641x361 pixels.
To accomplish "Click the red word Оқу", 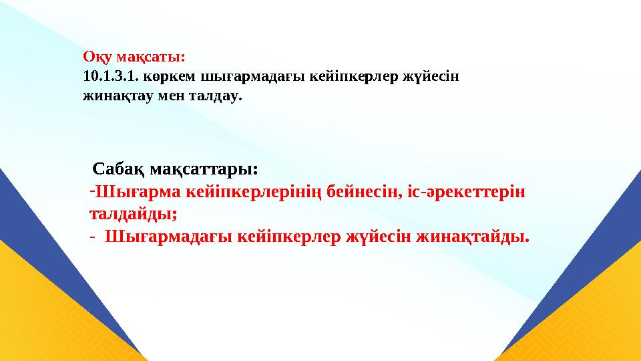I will click(x=95, y=56).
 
